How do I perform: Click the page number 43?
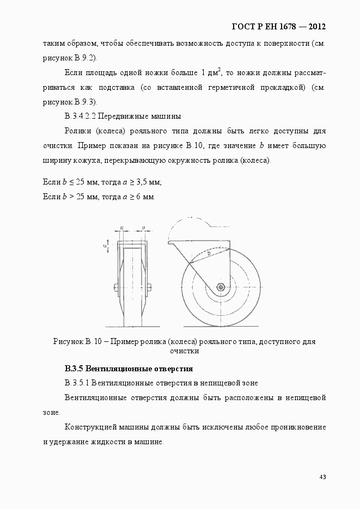click(x=322, y=477)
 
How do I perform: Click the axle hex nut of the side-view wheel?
click(x=221, y=287)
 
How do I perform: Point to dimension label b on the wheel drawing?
click(x=209, y=254)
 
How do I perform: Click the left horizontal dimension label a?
click(x=122, y=228)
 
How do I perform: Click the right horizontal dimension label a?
click(x=143, y=228)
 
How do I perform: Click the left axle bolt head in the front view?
click(x=115, y=287)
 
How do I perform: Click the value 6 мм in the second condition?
click(x=144, y=196)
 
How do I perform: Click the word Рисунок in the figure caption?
click(x=68, y=342)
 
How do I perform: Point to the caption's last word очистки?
click(x=184, y=351)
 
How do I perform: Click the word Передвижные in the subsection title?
click(x=120, y=116)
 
